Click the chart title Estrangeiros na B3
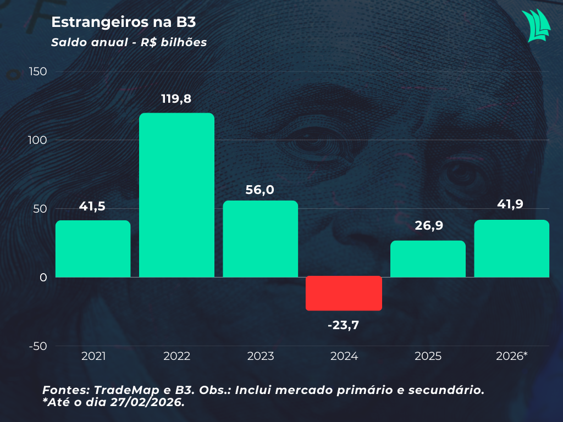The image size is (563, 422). click(x=123, y=23)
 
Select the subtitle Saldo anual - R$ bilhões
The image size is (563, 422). click(x=129, y=42)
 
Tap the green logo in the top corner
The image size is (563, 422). click(x=536, y=25)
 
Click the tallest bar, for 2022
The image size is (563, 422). click(x=176, y=195)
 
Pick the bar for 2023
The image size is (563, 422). click(x=260, y=239)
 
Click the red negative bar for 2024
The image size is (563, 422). click(x=344, y=293)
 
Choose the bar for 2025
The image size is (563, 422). click(x=428, y=259)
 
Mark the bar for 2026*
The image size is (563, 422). click(x=511, y=249)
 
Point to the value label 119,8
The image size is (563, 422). click(x=176, y=99)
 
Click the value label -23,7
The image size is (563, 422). click(x=343, y=325)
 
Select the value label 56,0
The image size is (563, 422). click(x=260, y=190)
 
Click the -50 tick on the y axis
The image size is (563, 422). click(x=38, y=346)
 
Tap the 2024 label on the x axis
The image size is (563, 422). click(x=344, y=356)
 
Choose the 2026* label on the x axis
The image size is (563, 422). click(x=511, y=356)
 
